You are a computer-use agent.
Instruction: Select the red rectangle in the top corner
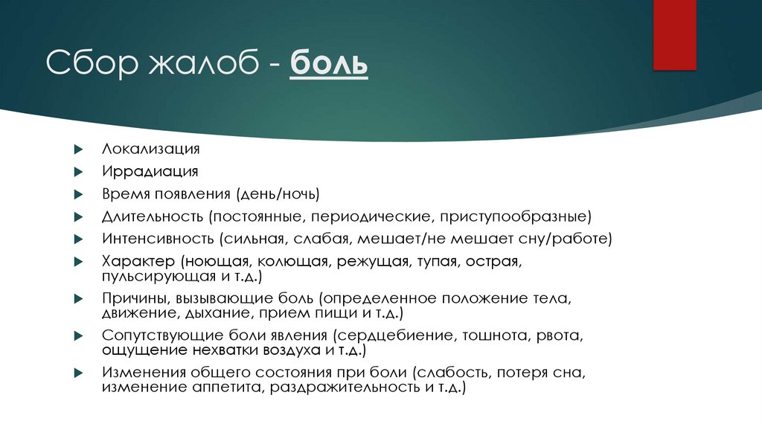[x=674, y=34]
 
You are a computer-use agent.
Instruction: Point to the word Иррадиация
[x=150, y=172]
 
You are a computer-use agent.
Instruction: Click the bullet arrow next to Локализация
[x=78, y=150]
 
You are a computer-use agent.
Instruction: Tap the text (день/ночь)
[x=278, y=195]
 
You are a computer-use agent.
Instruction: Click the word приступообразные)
[x=516, y=217]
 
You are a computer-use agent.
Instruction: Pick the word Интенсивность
[x=158, y=240]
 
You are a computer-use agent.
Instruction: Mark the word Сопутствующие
[x=160, y=335]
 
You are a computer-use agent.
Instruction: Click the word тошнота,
[x=495, y=335]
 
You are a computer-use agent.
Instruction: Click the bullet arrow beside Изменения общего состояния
[x=78, y=372]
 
